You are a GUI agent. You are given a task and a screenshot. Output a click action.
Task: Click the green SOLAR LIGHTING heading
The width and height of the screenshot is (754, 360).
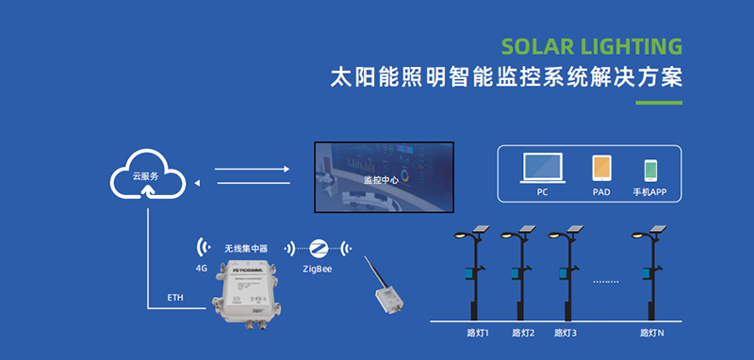[591, 47]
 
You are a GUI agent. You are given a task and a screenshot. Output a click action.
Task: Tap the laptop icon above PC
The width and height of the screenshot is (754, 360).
[542, 168]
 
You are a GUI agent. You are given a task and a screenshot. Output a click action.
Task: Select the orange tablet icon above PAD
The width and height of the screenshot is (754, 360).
[601, 169]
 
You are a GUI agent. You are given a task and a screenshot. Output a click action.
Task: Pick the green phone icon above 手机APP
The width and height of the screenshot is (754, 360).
[650, 170]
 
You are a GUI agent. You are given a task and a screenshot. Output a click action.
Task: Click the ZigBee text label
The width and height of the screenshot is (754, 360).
[318, 269]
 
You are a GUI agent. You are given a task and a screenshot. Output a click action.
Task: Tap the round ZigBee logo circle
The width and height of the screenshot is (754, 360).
[319, 248]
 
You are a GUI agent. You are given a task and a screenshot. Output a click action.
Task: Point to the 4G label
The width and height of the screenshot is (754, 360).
[201, 269]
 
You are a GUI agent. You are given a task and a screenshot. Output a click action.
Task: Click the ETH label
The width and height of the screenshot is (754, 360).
[175, 298]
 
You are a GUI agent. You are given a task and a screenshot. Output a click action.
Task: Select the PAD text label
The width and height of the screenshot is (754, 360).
[601, 191]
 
